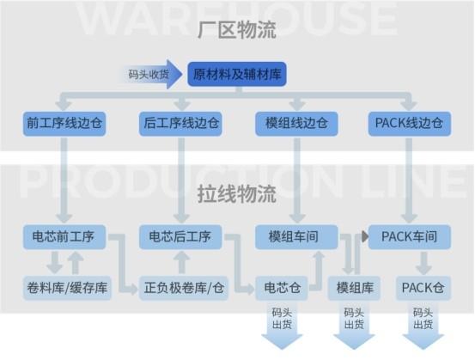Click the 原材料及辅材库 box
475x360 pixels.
click(237, 74)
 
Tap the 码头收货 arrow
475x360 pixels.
click(151, 74)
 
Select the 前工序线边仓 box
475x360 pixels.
click(64, 124)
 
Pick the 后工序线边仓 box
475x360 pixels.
click(180, 124)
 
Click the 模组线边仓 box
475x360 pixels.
click(296, 124)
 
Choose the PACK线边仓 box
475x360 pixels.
click(410, 124)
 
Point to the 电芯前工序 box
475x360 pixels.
click(64, 237)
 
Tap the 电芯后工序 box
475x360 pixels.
click(180, 237)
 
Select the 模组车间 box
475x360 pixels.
click(296, 237)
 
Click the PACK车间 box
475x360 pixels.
click(410, 237)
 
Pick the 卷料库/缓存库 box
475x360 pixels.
click(67, 288)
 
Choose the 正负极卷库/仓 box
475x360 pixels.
click(184, 288)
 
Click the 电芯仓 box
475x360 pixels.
click(282, 288)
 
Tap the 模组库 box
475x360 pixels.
click(355, 288)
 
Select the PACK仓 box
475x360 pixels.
click(423, 288)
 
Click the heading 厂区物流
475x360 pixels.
click(237, 30)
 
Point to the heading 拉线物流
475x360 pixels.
click(237, 194)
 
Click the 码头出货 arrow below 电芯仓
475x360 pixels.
click(282, 326)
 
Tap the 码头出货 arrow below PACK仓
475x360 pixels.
click(423, 326)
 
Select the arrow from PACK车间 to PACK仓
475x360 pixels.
click(423, 263)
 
